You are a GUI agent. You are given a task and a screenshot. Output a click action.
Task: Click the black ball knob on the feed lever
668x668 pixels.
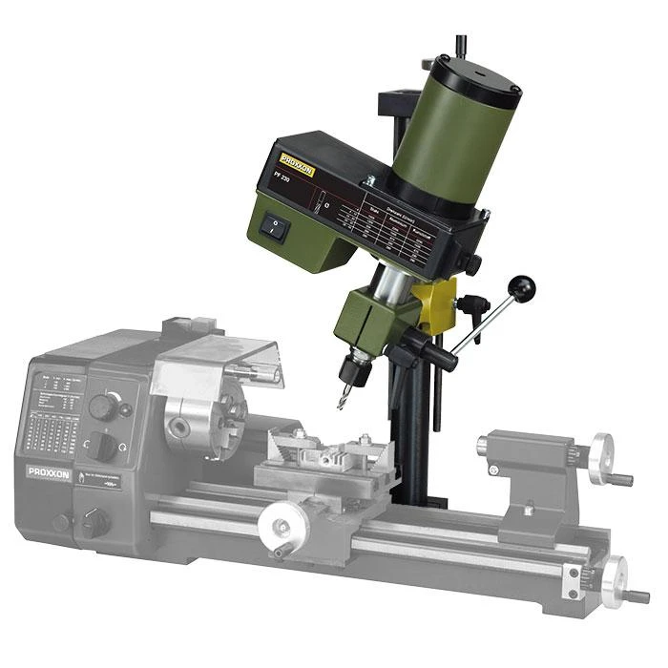point(522,287)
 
